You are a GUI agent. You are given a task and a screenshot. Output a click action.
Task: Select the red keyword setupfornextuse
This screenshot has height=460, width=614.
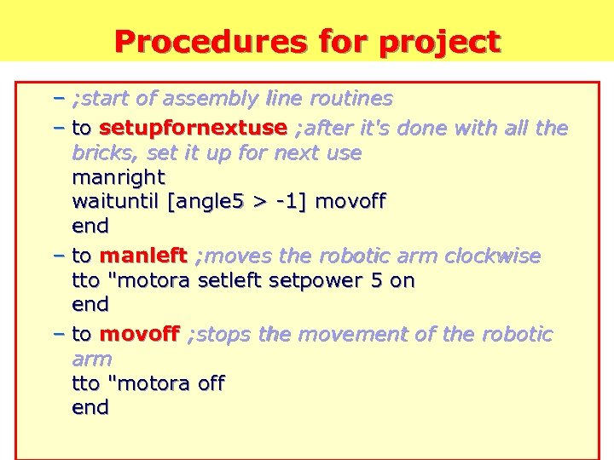(x=193, y=129)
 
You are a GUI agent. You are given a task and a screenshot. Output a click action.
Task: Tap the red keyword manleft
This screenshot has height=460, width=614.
(x=143, y=256)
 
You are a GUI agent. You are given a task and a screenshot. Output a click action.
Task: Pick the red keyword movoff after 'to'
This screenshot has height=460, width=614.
(x=140, y=334)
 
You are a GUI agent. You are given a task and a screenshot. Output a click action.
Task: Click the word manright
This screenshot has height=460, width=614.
(x=119, y=178)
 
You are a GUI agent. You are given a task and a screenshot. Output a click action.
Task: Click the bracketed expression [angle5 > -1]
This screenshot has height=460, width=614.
(x=241, y=203)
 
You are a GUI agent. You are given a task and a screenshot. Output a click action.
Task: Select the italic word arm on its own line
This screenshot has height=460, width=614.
(x=91, y=359)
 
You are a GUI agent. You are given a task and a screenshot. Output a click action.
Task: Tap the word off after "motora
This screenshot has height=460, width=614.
(x=211, y=384)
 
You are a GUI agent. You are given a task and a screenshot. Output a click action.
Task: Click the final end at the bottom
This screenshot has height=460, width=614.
(x=90, y=408)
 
